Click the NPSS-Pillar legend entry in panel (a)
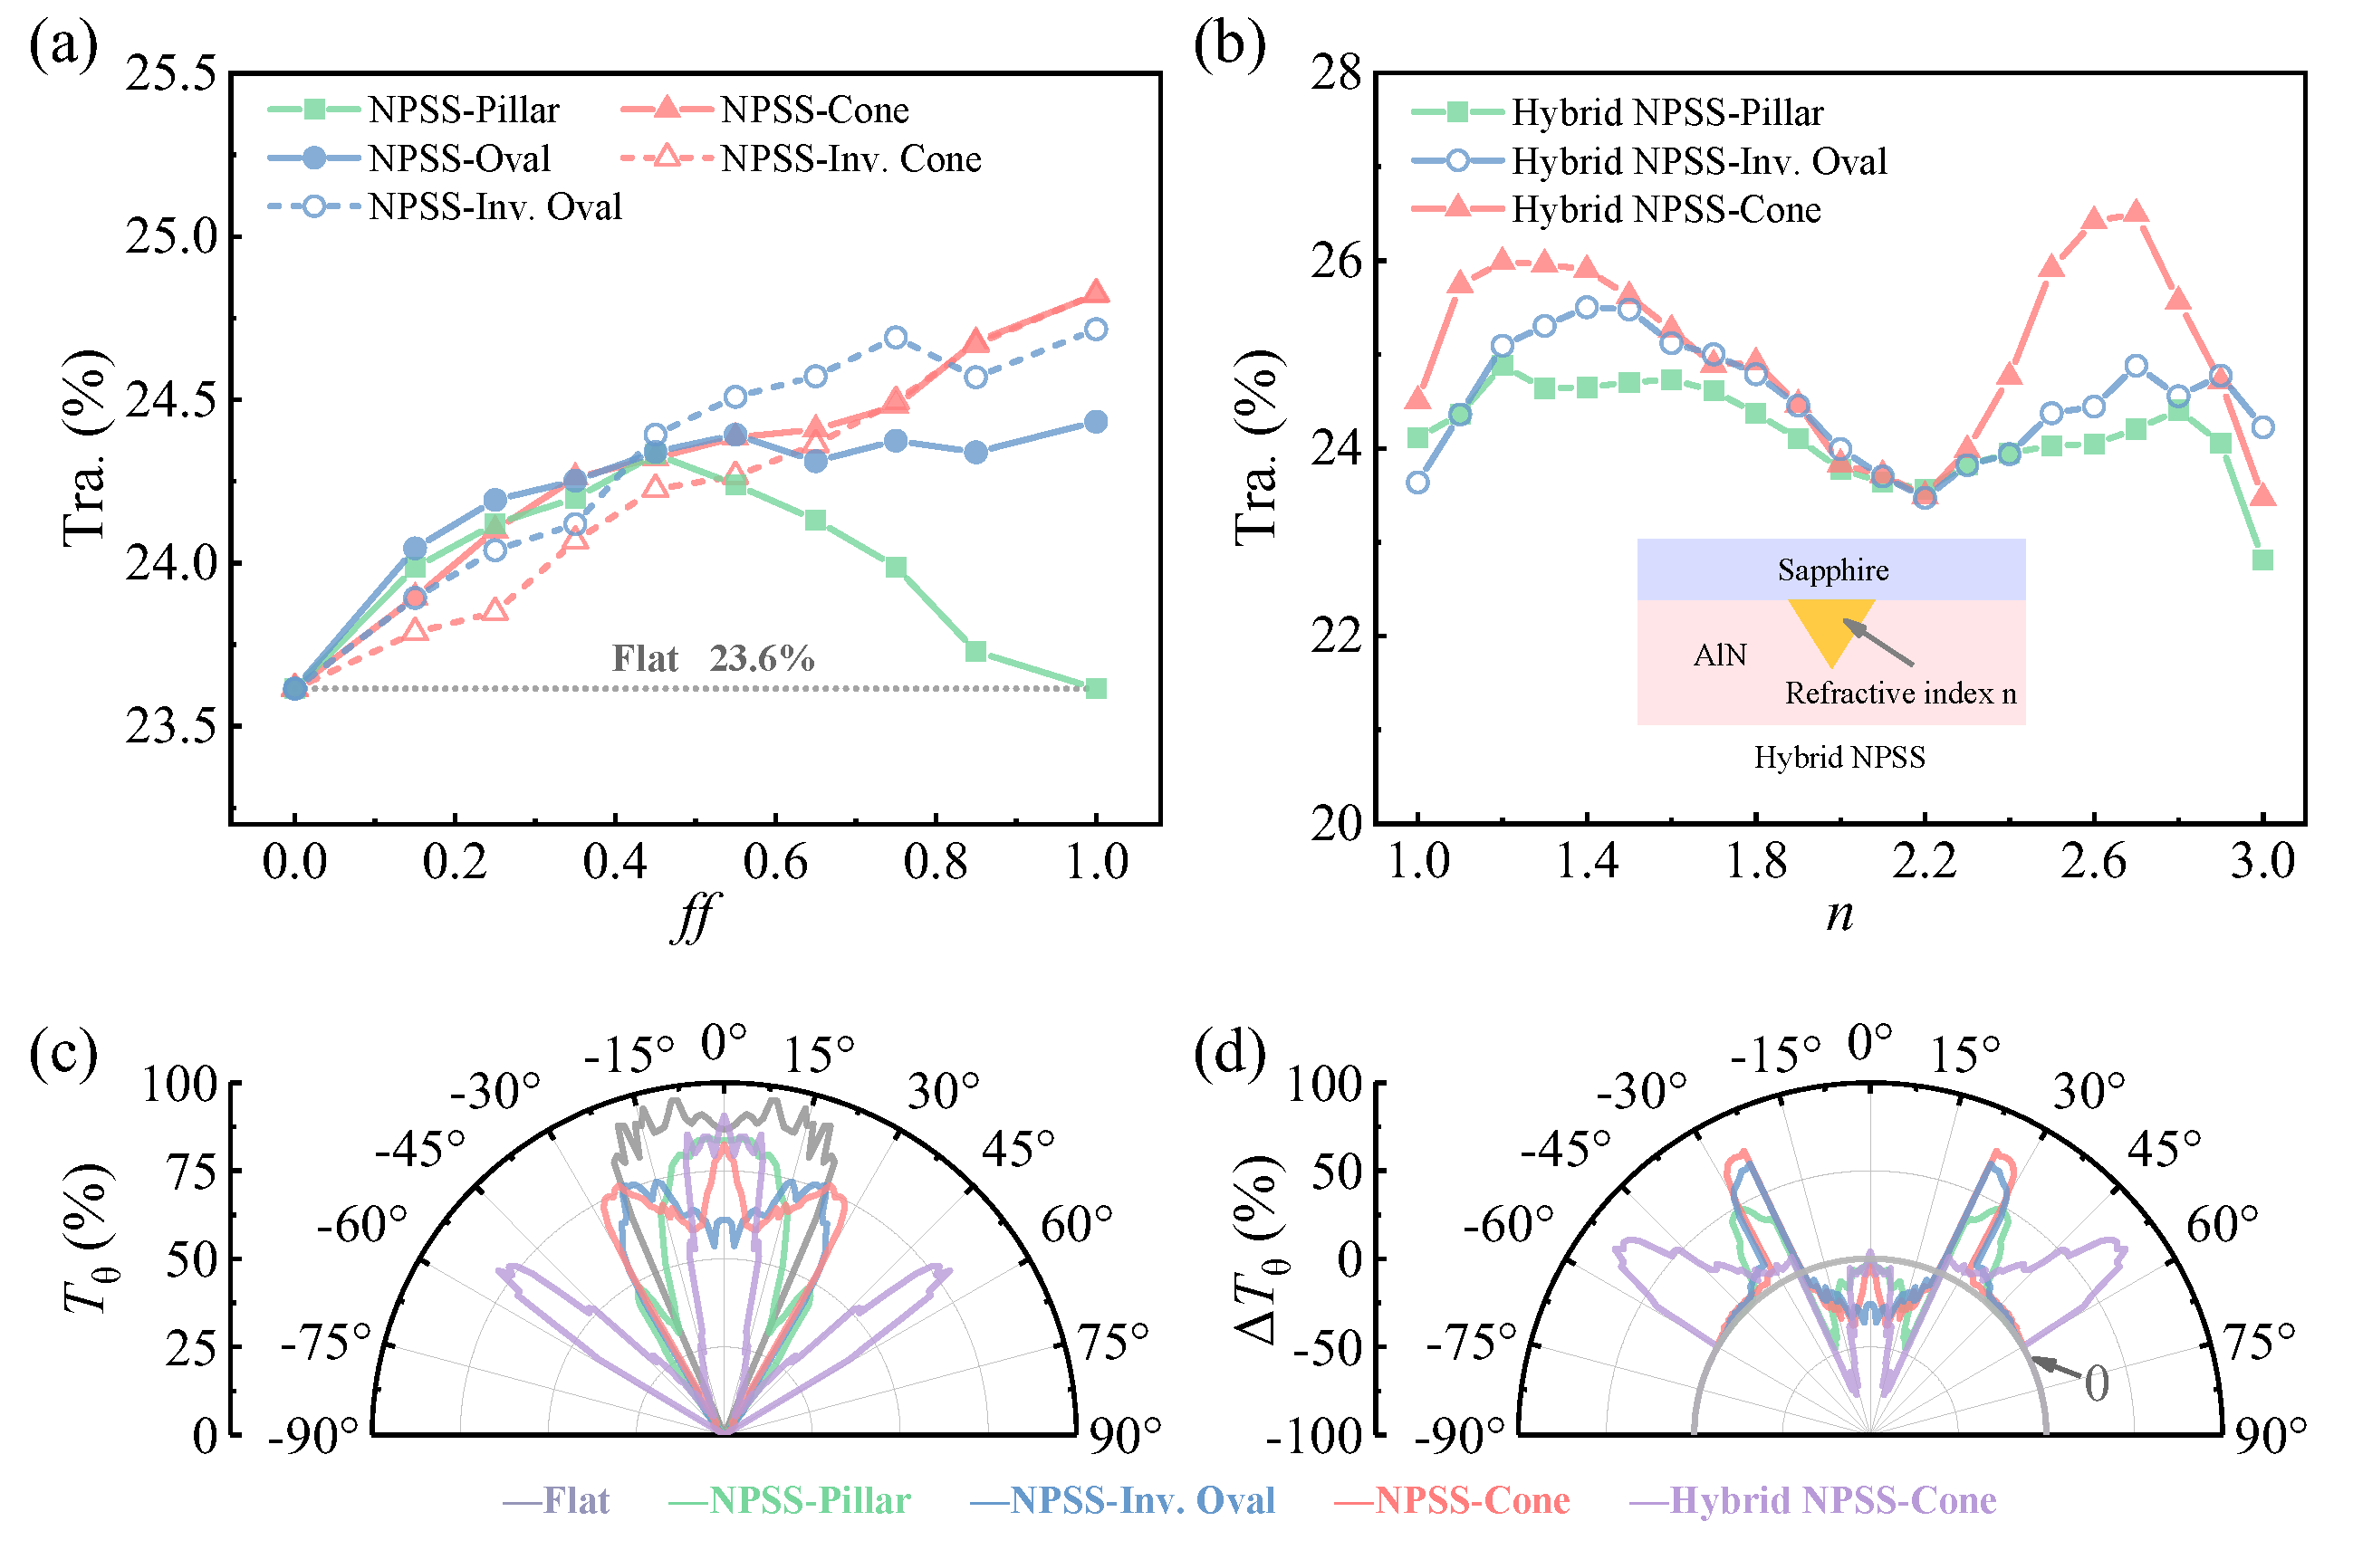[414, 110]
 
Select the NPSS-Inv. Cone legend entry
[801, 158]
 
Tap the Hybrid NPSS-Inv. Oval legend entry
[1649, 161]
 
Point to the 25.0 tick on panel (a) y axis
[171, 237]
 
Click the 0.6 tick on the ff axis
[775, 862]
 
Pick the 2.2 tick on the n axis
[1924, 862]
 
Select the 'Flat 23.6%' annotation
[713, 659]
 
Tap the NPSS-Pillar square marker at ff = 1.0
[1095, 689]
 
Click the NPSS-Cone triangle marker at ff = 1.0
[1095, 292]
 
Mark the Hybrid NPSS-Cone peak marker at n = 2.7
[2136, 212]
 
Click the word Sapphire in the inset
[1833, 570]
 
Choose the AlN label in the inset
[1719, 655]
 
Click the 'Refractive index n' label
[1900, 694]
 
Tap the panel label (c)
[63, 1054]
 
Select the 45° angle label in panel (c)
[1018, 1150]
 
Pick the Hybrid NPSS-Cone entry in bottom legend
[1813, 1500]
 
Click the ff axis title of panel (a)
[695, 917]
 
